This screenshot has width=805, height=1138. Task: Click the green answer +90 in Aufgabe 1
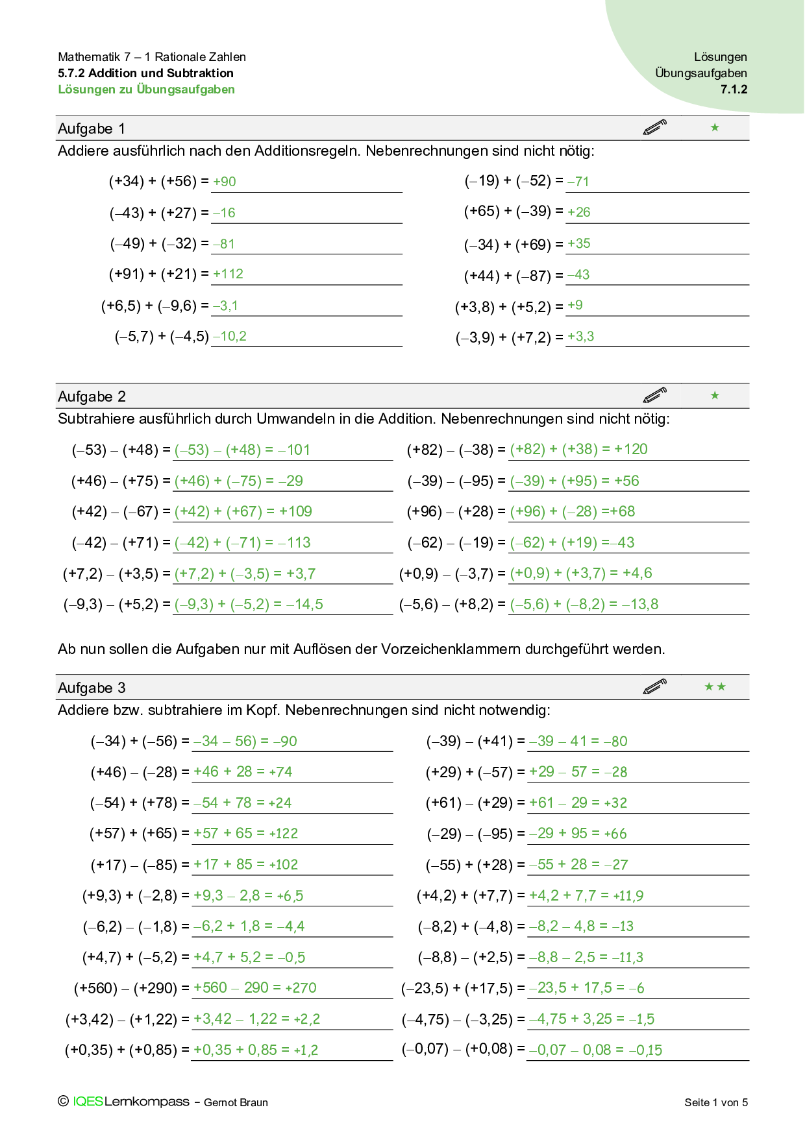pyautogui.click(x=225, y=182)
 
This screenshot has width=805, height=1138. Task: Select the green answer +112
pyautogui.click(x=228, y=274)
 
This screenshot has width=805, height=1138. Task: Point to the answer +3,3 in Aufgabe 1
pyautogui.click(x=580, y=336)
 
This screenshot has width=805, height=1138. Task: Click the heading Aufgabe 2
pyautogui.click(x=92, y=396)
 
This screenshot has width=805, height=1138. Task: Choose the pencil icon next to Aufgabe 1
pyautogui.click(x=654, y=127)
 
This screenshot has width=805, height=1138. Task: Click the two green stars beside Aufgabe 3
pyautogui.click(x=715, y=686)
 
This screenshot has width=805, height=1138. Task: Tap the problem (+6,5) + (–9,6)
pyautogui.click(x=155, y=306)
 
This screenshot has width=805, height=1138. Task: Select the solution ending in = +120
pyautogui.click(x=578, y=449)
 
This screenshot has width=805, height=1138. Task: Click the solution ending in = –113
pyautogui.click(x=242, y=542)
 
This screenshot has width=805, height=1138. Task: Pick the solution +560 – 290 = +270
pyautogui.click(x=254, y=987)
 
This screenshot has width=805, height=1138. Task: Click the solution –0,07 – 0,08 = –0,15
pyautogui.click(x=595, y=1050)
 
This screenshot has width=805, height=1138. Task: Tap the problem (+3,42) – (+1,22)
pyautogui.click(x=121, y=1019)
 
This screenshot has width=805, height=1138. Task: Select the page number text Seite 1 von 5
pyautogui.click(x=716, y=1102)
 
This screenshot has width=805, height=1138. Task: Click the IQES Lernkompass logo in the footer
pyautogui.click(x=130, y=1102)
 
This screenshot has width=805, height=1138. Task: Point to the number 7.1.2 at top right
pyautogui.click(x=734, y=90)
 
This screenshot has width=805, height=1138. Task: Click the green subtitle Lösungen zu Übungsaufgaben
pyautogui.click(x=146, y=90)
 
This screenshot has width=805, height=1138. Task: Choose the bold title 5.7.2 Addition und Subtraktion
pyautogui.click(x=145, y=73)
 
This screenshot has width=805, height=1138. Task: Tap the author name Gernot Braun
pyautogui.click(x=236, y=1102)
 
